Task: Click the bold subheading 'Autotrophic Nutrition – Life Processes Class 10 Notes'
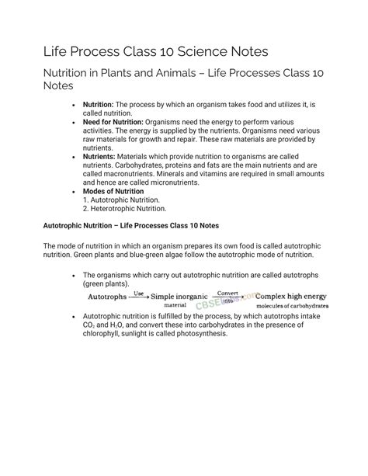(x=131, y=226)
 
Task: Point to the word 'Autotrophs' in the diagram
(x=108, y=297)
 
